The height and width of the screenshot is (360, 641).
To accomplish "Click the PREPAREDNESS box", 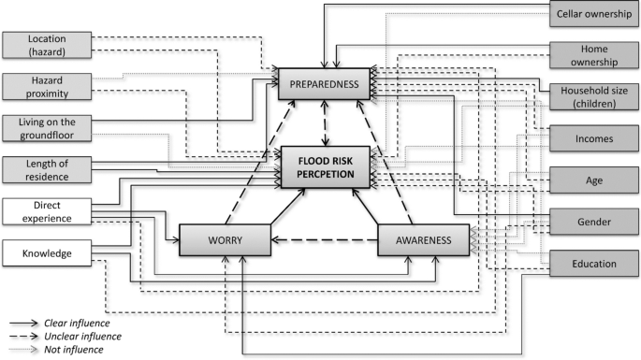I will [326, 84].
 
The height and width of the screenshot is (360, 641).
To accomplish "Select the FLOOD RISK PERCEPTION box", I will [326, 165].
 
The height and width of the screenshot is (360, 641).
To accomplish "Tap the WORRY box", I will [225, 239].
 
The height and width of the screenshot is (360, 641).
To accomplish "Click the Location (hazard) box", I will [47, 46].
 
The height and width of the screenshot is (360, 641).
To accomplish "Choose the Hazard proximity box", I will [47, 87].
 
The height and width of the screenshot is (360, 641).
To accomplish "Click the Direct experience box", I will [47, 210].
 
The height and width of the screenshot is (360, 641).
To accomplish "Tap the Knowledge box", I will [47, 252].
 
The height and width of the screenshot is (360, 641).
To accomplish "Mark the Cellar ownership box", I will [594, 14].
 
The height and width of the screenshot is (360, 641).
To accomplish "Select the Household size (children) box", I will [594, 96].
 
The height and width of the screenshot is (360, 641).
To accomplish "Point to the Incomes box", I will [594, 138].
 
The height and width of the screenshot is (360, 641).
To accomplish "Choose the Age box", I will [594, 180].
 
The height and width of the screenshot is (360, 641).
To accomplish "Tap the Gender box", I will [594, 223].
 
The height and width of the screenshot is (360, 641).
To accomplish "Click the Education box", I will [594, 264].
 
